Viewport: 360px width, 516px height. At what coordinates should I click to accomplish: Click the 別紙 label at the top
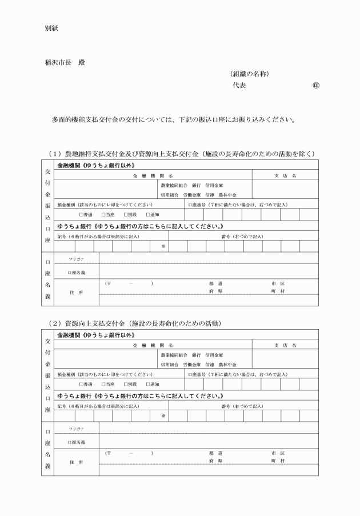[51, 27]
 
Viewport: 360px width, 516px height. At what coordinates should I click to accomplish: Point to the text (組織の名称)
[249, 74]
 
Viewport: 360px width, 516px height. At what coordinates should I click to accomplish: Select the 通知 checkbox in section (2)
[147, 383]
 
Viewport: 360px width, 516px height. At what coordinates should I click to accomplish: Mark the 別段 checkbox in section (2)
[125, 383]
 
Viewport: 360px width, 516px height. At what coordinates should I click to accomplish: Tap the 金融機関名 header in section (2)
[154, 345]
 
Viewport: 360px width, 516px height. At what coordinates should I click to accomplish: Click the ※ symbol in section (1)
[162, 246]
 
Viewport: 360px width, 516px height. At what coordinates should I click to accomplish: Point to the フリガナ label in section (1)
[76, 259]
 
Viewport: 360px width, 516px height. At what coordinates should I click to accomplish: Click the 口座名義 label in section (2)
[76, 442]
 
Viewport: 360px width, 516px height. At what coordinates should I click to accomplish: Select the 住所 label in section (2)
[76, 462]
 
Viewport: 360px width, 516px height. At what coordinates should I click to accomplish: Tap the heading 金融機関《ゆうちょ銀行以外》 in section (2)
[96, 335]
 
